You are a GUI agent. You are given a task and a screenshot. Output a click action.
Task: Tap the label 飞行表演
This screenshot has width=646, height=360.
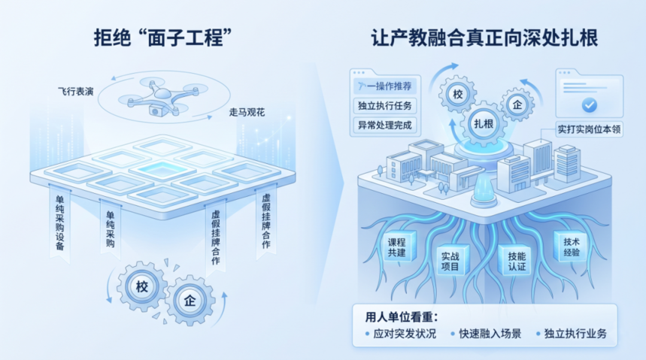(76, 92)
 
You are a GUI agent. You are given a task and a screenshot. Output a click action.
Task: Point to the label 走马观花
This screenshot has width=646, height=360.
(247, 112)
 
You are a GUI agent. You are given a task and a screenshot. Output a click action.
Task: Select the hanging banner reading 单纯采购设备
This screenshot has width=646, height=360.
(60, 222)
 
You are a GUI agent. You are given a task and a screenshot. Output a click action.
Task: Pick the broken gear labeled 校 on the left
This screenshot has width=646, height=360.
(142, 286)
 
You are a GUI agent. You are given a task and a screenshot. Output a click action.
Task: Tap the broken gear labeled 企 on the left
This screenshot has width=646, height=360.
(190, 301)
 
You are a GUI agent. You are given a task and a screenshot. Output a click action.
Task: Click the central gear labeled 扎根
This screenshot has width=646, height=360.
(484, 123)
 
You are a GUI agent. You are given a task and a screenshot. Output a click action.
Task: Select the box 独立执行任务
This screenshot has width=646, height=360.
(385, 105)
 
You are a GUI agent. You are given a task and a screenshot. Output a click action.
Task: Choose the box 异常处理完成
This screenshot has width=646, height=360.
(385, 125)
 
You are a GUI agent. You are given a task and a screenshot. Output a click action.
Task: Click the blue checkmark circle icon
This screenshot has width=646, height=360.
(590, 104)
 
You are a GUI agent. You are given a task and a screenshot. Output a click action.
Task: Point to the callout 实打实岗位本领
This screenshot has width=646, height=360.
(589, 129)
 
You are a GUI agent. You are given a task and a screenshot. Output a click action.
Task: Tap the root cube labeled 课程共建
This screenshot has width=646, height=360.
(397, 247)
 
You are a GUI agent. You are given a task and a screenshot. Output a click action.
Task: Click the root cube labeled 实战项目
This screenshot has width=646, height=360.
(450, 261)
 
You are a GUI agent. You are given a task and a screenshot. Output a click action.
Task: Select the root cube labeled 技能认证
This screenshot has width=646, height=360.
(517, 262)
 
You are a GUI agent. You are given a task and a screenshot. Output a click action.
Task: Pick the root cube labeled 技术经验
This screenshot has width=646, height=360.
(572, 247)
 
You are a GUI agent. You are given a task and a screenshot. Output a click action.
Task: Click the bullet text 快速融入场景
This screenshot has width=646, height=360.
(490, 333)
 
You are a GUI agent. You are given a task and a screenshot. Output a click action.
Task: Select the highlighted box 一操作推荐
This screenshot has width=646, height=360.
(385, 86)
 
